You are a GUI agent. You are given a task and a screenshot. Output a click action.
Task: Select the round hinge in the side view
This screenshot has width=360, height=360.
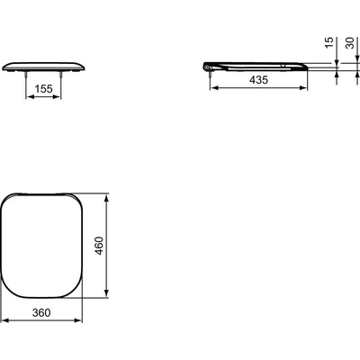(x=210, y=65)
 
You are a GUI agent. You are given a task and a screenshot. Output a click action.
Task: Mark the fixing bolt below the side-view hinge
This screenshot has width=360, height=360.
(x=211, y=78)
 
